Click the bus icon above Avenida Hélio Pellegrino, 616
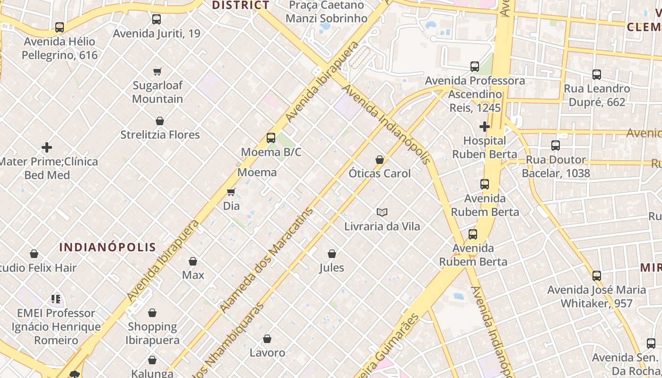click(59, 27)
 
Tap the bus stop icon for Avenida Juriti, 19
click(157, 19)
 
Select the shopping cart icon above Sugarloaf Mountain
click(157, 71)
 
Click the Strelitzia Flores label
click(160, 135)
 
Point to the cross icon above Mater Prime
click(47, 147)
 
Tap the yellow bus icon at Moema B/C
click(270, 138)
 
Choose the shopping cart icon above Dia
click(231, 192)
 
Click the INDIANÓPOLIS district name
click(108, 247)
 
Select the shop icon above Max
click(193, 261)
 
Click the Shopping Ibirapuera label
click(152, 333)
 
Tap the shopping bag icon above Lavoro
click(267, 339)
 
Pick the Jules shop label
click(331, 268)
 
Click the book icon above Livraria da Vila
click(382, 212)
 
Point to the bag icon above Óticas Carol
click(379, 160)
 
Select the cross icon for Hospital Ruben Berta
click(485, 127)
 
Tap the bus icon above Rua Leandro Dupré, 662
click(597, 75)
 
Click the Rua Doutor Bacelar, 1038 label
click(556, 166)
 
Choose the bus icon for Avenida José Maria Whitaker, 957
click(597, 275)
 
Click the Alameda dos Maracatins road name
click(267, 260)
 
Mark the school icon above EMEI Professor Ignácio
click(56, 299)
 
